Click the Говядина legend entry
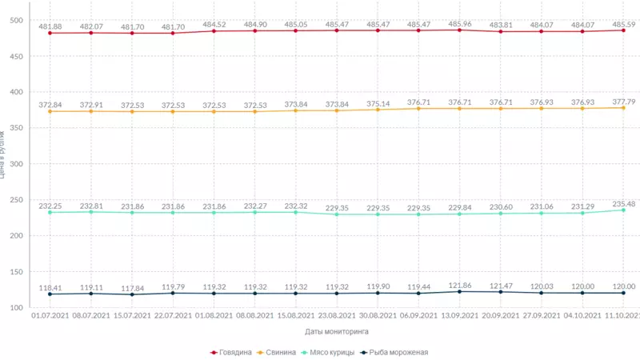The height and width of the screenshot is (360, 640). [235, 352]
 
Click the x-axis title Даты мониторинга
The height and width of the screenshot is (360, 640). [336, 331]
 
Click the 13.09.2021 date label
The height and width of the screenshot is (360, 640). [460, 316]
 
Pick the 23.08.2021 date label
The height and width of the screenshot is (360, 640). [337, 316]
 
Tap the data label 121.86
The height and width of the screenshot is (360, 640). [459, 285]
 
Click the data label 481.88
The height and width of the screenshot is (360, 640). [50, 27]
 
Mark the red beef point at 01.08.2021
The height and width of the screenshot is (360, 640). [214, 31]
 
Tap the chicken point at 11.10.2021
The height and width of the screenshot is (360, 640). [624, 210]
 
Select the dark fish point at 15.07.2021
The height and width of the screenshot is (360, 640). [132, 294]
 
